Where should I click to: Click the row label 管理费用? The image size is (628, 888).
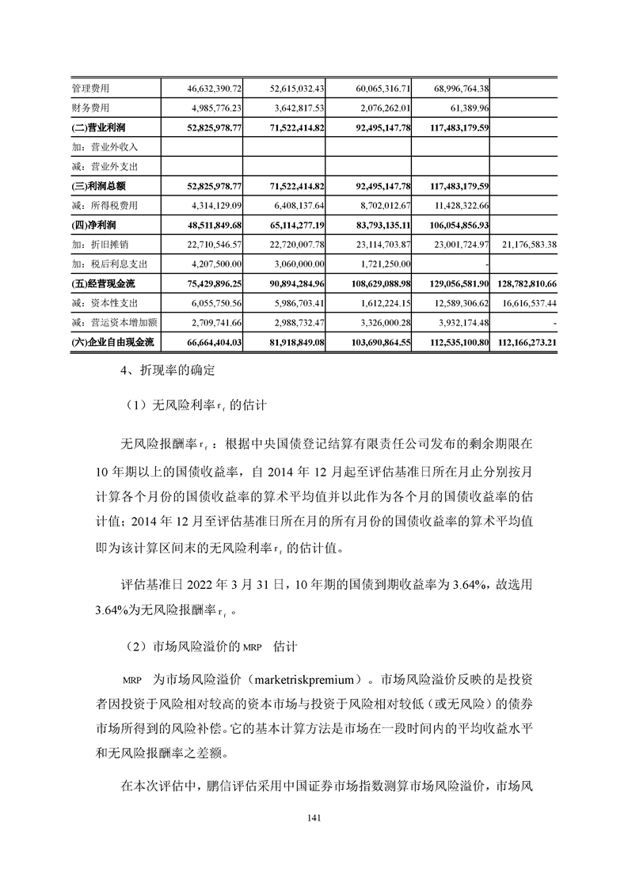(x=91, y=88)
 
